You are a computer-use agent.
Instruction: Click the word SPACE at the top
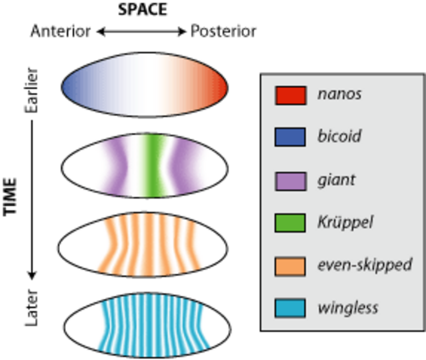point(142,9)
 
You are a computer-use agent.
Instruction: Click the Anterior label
point(60,31)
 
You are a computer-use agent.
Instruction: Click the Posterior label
point(223,31)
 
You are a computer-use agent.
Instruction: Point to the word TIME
point(10,197)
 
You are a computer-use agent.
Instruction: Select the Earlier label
point(32,90)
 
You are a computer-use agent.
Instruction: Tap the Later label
point(32,307)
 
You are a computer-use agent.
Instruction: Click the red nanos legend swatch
point(291,95)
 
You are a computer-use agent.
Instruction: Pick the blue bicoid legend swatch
point(291,137)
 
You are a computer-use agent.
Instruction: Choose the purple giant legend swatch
point(291,181)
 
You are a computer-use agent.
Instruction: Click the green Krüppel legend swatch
point(291,223)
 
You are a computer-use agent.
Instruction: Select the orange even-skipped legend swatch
point(291,266)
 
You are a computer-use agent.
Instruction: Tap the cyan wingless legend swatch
point(291,308)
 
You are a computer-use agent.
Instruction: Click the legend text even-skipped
point(365,265)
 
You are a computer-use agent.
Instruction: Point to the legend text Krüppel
point(345,222)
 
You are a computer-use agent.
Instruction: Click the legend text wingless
point(348,308)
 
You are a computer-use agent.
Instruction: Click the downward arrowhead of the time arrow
point(32,275)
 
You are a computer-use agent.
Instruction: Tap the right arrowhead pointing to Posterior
point(181,31)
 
